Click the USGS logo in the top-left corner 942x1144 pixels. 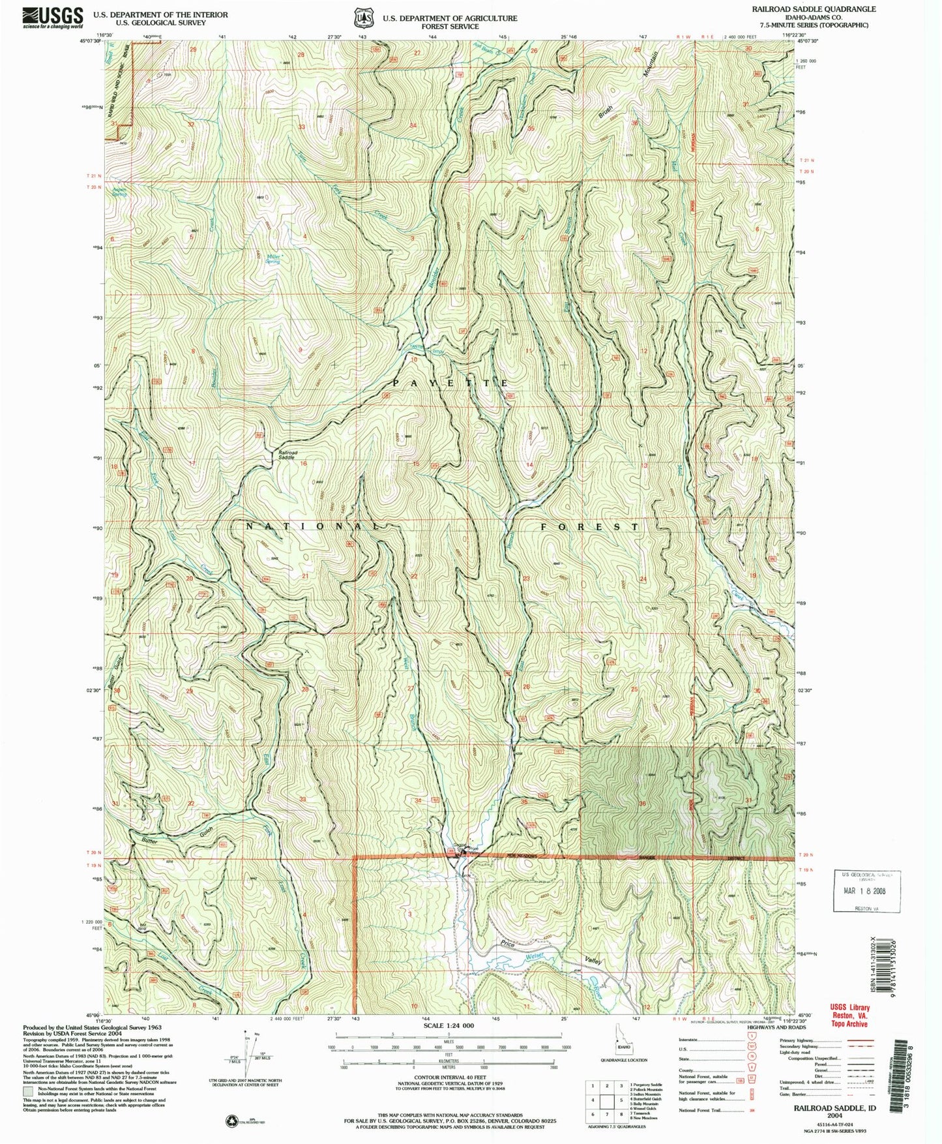(x=53, y=16)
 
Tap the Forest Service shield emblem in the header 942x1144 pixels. (x=360, y=18)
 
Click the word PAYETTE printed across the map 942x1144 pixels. (x=450, y=383)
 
